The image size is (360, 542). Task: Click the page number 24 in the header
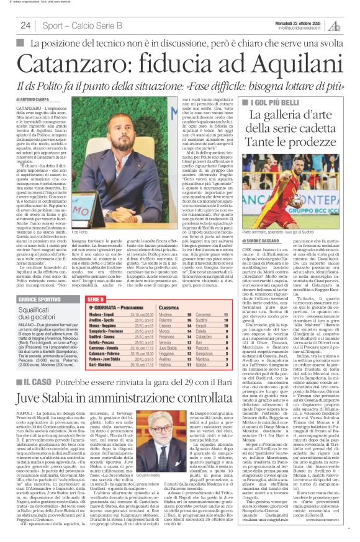click(x=25, y=25)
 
